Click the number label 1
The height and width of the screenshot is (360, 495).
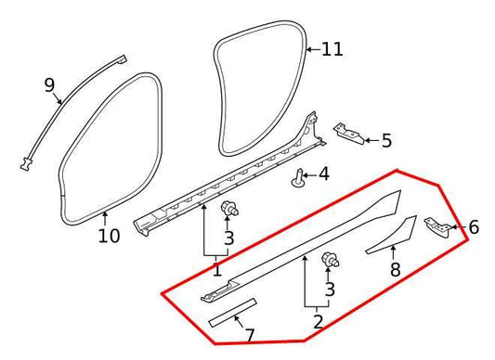(x=216, y=270)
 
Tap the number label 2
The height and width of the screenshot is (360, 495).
(x=318, y=322)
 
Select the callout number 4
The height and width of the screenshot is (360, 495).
(x=323, y=174)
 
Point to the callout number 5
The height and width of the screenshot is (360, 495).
(x=386, y=141)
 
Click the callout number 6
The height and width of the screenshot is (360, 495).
(x=474, y=227)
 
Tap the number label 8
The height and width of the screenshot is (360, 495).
(x=395, y=270)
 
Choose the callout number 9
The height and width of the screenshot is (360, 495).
(x=50, y=85)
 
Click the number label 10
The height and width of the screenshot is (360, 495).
(x=109, y=236)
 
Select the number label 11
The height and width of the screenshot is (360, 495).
(x=332, y=48)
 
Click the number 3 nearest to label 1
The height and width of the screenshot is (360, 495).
(x=228, y=238)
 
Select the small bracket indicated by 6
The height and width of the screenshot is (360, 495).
(x=437, y=225)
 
